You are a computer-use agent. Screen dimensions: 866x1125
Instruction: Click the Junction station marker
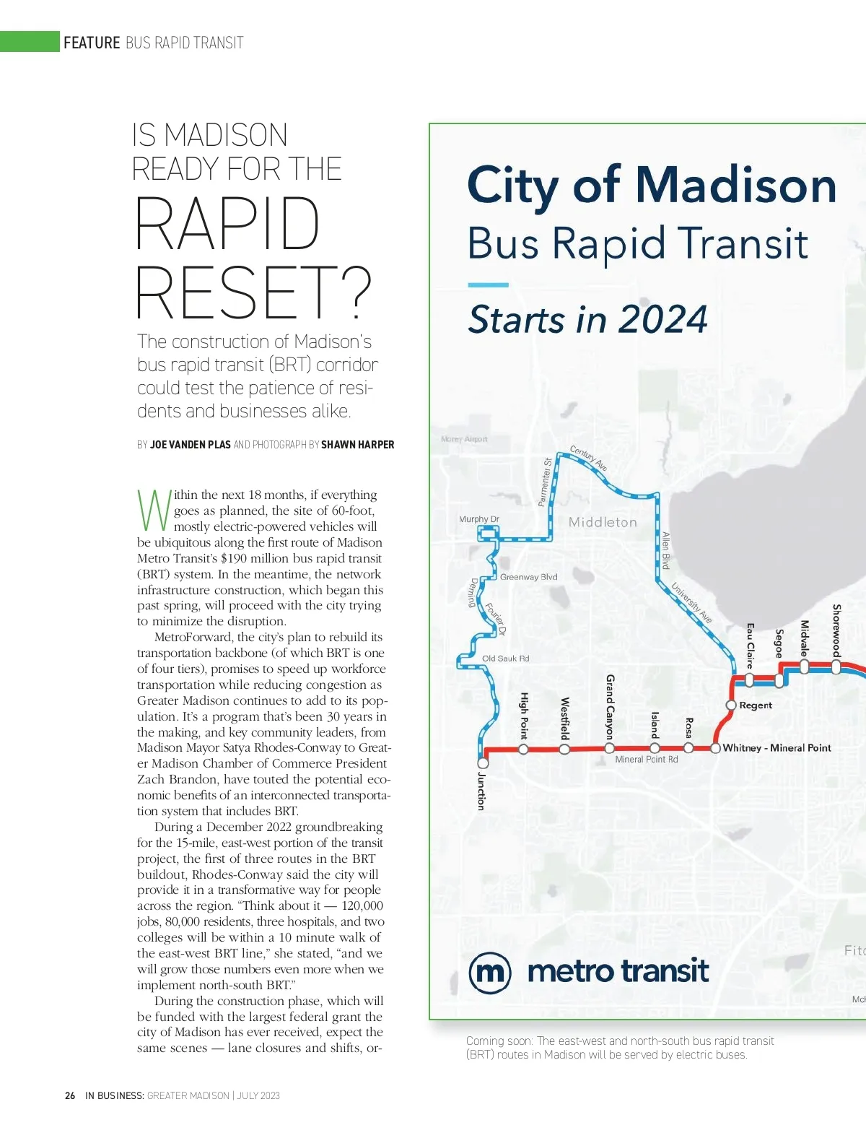(x=483, y=763)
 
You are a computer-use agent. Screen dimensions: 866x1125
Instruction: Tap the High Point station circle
(x=523, y=749)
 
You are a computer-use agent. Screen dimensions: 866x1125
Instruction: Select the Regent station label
(x=756, y=705)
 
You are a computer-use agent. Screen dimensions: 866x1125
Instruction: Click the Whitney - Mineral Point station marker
(x=715, y=748)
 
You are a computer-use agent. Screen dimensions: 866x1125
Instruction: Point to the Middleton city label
(x=603, y=522)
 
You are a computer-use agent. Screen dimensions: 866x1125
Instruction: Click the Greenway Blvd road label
(x=529, y=577)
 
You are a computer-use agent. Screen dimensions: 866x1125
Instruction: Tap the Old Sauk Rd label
(x=505, y=659)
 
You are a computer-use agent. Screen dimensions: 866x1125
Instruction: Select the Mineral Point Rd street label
(x=646, y=760)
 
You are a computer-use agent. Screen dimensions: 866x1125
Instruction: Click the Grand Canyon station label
(x=610, y=707)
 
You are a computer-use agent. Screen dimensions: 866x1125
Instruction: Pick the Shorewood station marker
(x=836, y=668)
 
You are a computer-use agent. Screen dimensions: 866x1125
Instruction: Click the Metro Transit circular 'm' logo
(x=489, y=973)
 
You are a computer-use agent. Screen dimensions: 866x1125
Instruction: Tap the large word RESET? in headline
(x=253, y=292)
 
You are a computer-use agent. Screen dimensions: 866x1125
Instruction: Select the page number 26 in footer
(x=70, y=1095)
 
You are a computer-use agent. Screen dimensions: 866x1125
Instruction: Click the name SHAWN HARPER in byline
(x=357, y=445)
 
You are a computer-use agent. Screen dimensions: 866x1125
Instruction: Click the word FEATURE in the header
(x=92, y=43)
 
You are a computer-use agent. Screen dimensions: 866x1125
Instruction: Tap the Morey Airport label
(x=464, y=439)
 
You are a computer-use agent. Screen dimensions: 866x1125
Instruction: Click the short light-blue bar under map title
(x=488, y=284)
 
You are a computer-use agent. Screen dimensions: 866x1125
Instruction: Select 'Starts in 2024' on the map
(x=587, y=319)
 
